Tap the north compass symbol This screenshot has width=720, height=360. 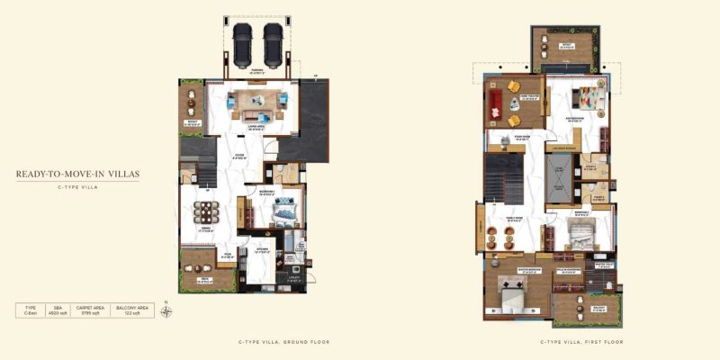pyautogui.click(x=166, y=311)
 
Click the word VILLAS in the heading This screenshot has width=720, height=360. pyautogui.click(x=121, y=174)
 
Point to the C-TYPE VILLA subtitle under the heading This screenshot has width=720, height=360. pyautogui.click(x=76, y=188)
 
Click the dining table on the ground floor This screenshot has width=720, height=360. pyautogui.click(x=205, y=213)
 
